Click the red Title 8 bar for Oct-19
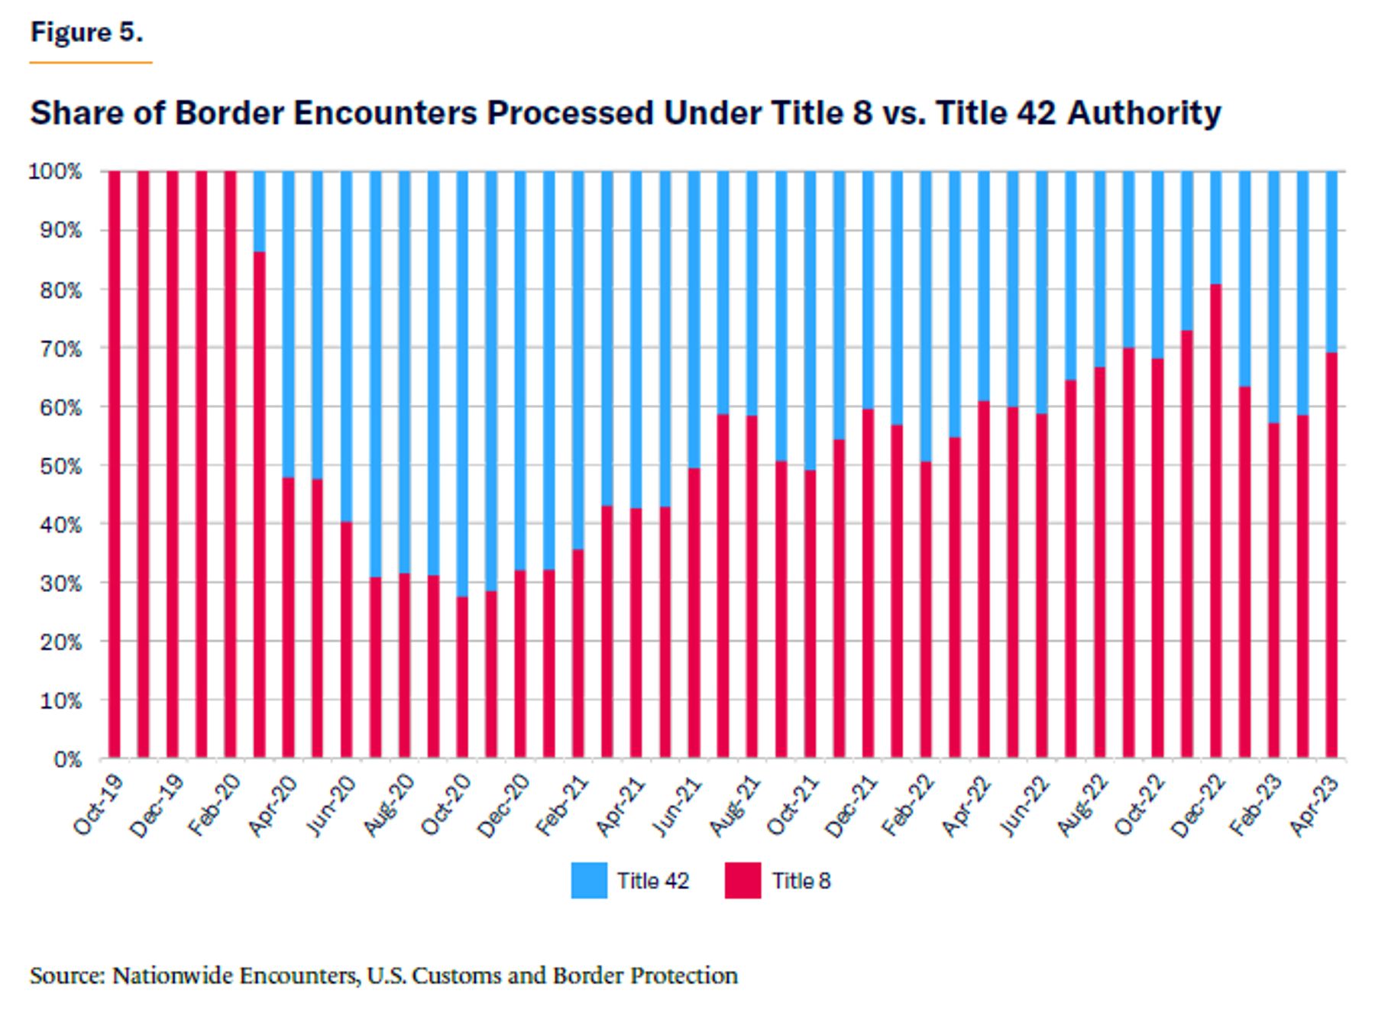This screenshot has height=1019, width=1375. [115, 464]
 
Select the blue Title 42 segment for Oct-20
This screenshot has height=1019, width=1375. [462, 383]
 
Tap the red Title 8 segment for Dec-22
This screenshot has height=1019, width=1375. [1215, 521]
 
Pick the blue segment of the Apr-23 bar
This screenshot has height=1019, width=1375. [1331, 261]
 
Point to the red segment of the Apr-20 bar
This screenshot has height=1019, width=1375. [288, 618]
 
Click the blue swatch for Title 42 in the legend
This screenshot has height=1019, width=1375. [589, 880]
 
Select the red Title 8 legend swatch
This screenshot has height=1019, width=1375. [742, 880]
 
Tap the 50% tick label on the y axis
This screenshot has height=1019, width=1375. [55, 466]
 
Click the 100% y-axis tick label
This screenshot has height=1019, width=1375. [55, 172]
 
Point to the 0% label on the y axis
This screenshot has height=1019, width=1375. [66, 759]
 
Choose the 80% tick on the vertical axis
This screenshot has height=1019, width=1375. [55, 290]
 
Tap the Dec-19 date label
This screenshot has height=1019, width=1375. [157, 806]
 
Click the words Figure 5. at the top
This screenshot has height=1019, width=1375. [86, 32]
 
